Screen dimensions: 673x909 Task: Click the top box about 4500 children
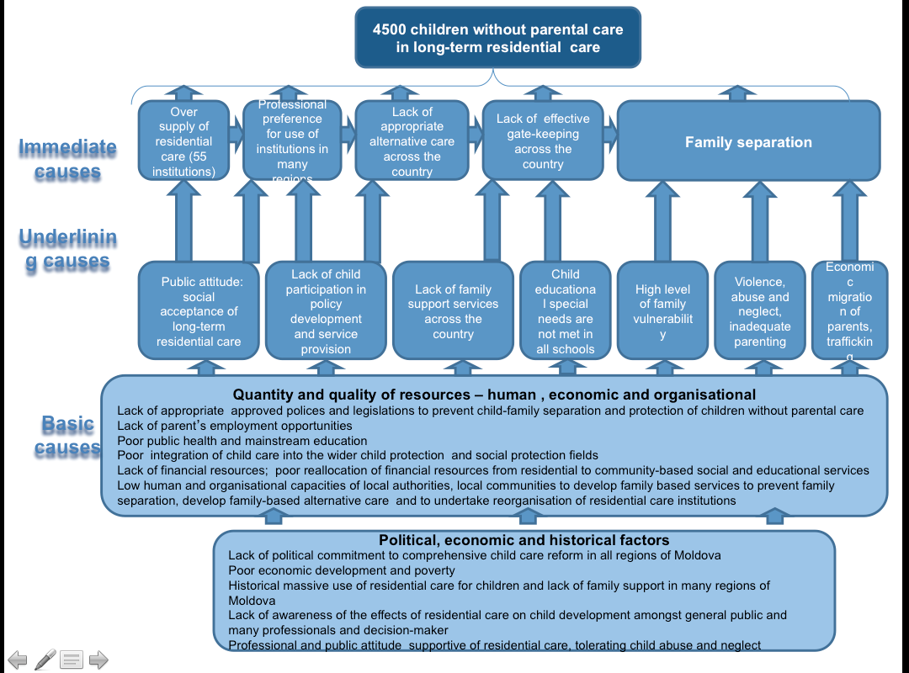[497, 38]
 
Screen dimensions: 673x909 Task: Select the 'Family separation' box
[748, 141]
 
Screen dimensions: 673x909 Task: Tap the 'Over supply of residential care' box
[183, 141]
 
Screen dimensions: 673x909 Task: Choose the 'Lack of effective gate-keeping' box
[542, 141]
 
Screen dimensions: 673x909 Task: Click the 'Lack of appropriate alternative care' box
[412, 141]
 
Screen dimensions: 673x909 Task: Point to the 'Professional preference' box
[292, 141]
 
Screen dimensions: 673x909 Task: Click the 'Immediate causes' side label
[67, 160]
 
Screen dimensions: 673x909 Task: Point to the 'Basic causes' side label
[67, 435]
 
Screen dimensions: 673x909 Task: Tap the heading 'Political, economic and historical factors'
[524, 540]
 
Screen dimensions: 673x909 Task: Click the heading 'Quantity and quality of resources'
[494, 395]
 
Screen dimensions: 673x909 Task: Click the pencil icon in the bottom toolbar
[45, 660]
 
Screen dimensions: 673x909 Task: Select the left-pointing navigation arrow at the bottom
[18, 660]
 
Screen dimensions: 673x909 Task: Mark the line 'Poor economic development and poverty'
[342, 570]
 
